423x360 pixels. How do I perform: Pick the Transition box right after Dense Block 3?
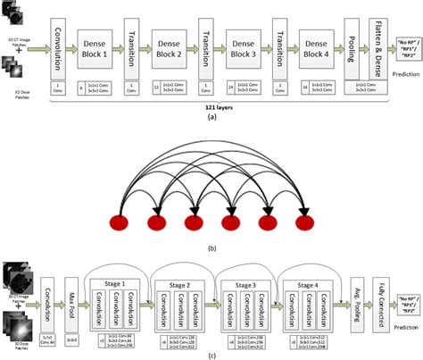coord(279,44)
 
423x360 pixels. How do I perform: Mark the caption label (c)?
coord(211,355)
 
